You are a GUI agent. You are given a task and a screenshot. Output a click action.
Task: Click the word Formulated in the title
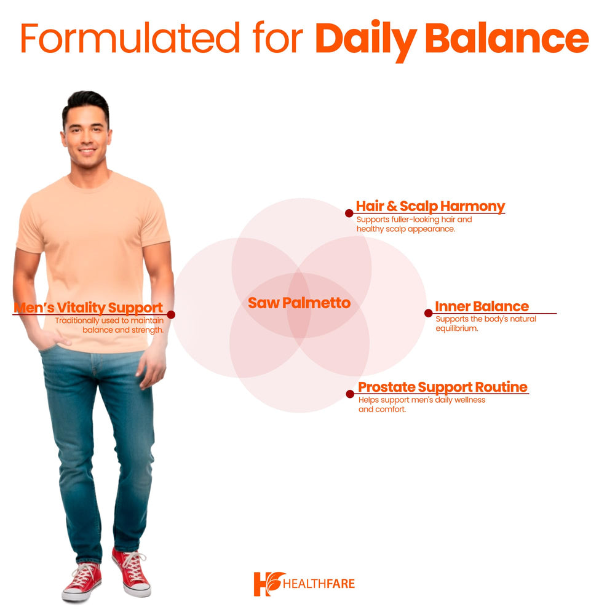point(130,38)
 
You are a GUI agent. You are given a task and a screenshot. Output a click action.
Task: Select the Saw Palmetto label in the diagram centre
point(299,303)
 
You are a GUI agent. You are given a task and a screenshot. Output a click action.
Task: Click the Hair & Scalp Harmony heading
point(430,206)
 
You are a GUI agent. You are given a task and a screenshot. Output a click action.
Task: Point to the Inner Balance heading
point(482,306)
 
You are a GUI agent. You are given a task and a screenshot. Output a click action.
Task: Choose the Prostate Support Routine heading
point(443,387)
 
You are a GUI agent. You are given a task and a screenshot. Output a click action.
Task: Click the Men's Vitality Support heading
point(89,307)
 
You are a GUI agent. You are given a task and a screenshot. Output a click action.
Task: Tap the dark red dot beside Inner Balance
point(429,313)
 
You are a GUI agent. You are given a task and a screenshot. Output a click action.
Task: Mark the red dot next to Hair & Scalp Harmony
point(349,213)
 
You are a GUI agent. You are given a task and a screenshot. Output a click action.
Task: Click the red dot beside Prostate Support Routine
point(350,394)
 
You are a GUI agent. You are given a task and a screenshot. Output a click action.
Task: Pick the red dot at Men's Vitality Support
point(171,314)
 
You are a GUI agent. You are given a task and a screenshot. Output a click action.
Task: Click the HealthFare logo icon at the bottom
point(269,583)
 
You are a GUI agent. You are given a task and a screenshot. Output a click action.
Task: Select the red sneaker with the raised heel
point(132,572)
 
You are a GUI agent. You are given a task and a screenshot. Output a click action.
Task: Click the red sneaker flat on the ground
point(81,582)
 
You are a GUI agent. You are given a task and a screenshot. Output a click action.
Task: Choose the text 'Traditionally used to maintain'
point(109,320)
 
